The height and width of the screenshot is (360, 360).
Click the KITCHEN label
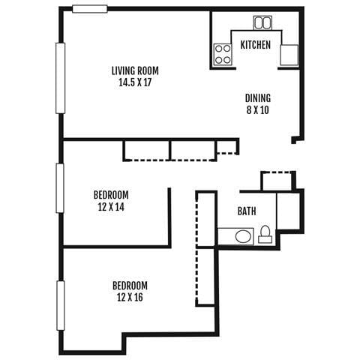255,45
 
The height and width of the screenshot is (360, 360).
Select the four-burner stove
223,52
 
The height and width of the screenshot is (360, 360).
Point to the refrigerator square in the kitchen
289,55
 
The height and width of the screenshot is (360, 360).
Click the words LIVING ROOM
135,71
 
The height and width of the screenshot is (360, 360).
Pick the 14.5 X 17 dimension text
135,83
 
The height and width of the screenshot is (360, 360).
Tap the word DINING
258,98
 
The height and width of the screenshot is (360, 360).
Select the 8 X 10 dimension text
258,110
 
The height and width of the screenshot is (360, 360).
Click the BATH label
247,211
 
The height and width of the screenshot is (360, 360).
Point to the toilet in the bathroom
265,236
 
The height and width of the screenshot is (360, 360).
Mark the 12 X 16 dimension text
130,298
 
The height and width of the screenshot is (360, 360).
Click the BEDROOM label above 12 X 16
130,286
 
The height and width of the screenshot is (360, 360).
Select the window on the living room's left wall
61,78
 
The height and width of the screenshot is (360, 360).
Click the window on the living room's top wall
90,9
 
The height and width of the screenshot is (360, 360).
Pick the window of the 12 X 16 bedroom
60,304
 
